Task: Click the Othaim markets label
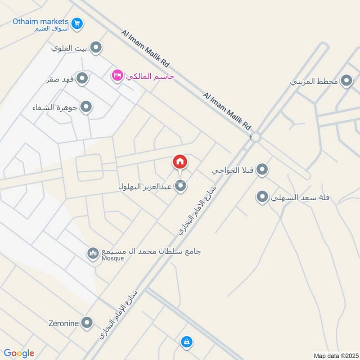(40, 21)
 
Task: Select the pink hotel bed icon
(117, 76)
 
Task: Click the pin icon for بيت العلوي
(95, 47)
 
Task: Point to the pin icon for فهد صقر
(82, 79)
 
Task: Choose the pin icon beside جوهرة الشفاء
(86, 107)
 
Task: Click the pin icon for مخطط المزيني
(346, 81)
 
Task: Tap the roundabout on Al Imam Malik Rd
(256, 137)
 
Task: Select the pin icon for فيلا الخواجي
(263, 170)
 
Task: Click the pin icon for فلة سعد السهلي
(262, 197)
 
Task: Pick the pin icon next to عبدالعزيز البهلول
(180, 185)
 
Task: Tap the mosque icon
(93, 254)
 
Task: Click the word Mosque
(112, 258)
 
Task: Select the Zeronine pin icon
(87, 323)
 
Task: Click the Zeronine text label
(64, 323)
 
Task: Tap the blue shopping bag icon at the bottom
(186, 342)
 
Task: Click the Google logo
(19, 353)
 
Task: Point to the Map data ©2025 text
(335, 355)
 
